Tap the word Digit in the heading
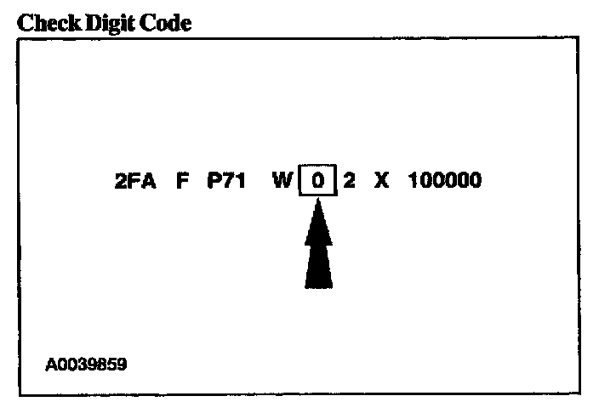(x=105, y=23)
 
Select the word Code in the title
(x=163, y=23)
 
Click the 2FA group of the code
(x=135, y=182)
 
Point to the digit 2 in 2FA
(x=121, y=182)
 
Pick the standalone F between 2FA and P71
(x=182, y=182)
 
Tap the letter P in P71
(x=214, y=182)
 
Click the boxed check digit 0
(x=317, y=182)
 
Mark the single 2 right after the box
(x=349, y=182)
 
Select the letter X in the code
(x=381, y=182)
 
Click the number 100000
(x=444, y=182)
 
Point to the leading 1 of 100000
(x=414, y=182)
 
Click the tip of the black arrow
(x=317, y=202)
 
